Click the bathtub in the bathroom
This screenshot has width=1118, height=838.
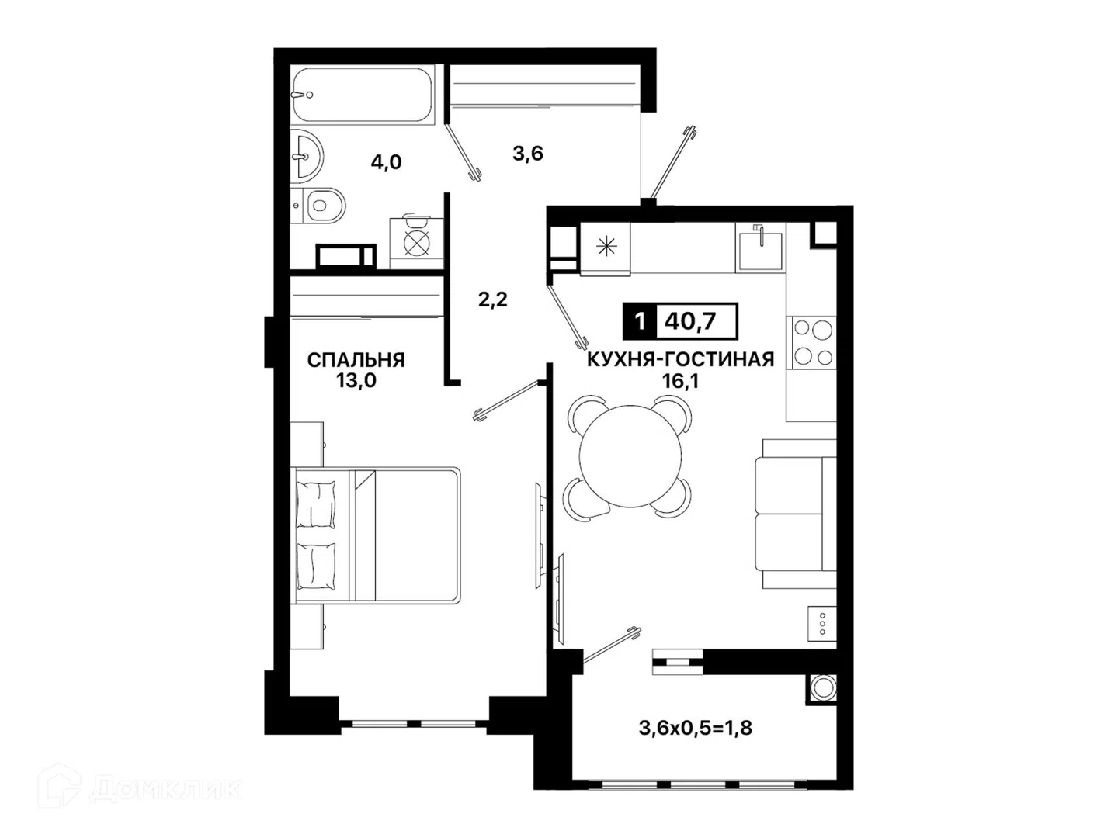coord(362,95)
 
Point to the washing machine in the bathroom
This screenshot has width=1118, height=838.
coord(416,243)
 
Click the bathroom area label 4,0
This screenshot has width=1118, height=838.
coord(386,162)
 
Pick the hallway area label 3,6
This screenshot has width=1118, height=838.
coord(528,153)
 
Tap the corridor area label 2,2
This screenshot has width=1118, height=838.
coord(492,300)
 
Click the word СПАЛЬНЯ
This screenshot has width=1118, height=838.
coord(356,360)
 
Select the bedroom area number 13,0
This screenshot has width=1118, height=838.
coord(356,380)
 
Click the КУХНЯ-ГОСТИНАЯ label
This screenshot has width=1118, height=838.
coord(680,360)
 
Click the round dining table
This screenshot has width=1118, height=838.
coord(630,456)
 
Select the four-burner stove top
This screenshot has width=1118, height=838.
coord(812,342)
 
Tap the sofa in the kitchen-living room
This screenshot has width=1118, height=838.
coord(796,514)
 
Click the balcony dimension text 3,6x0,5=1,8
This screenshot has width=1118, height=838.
coord(696,728)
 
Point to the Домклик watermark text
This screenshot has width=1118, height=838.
coord(165,789)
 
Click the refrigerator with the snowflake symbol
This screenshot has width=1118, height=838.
coord(605,249)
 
